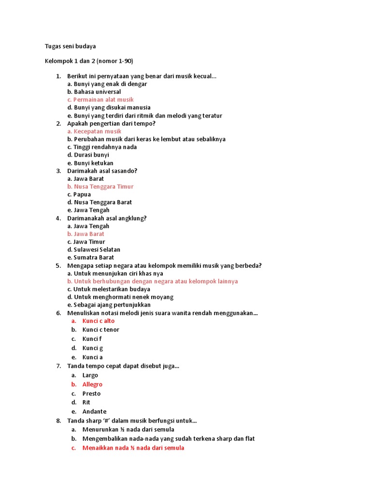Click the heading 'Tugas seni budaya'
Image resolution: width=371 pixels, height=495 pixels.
pos(70,46)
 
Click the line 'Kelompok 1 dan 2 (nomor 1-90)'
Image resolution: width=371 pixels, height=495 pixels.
pos(89,61)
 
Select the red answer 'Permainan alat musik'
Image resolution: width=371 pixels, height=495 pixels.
pos(100,100)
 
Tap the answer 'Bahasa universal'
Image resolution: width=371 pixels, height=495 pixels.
pos(94,92)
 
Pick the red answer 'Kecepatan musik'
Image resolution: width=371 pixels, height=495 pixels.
pos(94,131)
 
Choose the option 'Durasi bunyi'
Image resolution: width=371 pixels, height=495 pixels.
pos(88,155)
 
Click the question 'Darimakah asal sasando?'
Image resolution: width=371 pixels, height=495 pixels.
pos(102,171)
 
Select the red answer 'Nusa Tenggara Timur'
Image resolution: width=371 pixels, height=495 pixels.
pos(100,187)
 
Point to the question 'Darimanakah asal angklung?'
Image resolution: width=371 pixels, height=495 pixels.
pos(107,218)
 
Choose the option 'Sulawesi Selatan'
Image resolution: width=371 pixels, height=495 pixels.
pos(94,249)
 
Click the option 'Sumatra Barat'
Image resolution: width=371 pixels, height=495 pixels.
pos(91,258)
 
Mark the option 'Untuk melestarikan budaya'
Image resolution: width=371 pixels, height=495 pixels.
pos(109,289)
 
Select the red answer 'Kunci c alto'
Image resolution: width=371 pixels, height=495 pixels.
pos(99,321)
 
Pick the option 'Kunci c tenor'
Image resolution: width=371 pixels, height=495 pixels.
pos(100,330)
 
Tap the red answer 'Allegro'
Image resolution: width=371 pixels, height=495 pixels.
pos(92,384)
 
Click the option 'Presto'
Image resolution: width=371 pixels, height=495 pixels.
pos(91,393)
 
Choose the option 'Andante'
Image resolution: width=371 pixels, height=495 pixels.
pos(94,411)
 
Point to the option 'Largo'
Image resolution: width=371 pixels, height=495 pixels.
pos(90,375)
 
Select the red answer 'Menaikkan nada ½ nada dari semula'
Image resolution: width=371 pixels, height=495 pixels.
pos(133,448)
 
